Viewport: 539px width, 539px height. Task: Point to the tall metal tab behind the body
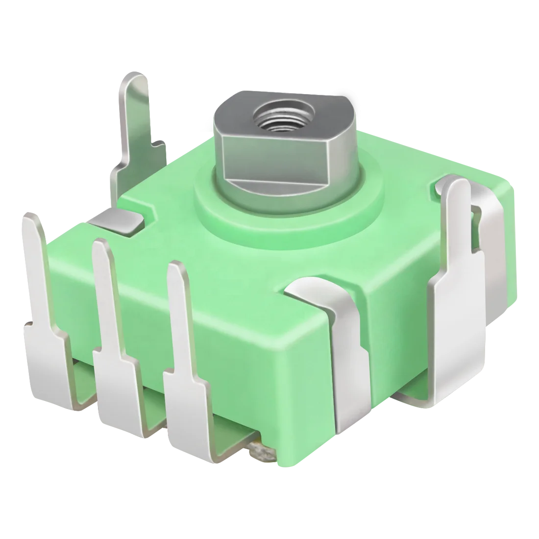134,118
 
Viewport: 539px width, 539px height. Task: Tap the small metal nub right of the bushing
360,120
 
